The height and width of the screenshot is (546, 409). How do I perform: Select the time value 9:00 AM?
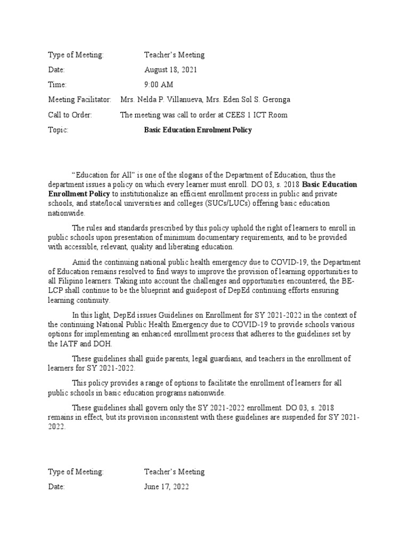click(x=159, y=85)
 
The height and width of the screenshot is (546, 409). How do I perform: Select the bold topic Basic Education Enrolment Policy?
click(x=198, y=130)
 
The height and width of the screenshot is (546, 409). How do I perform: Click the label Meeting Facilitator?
click(x=80, y=100)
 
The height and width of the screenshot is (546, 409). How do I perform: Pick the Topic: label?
click(x=59, y=130)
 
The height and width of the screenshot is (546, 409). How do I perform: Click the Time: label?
click(x=58, y=85)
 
